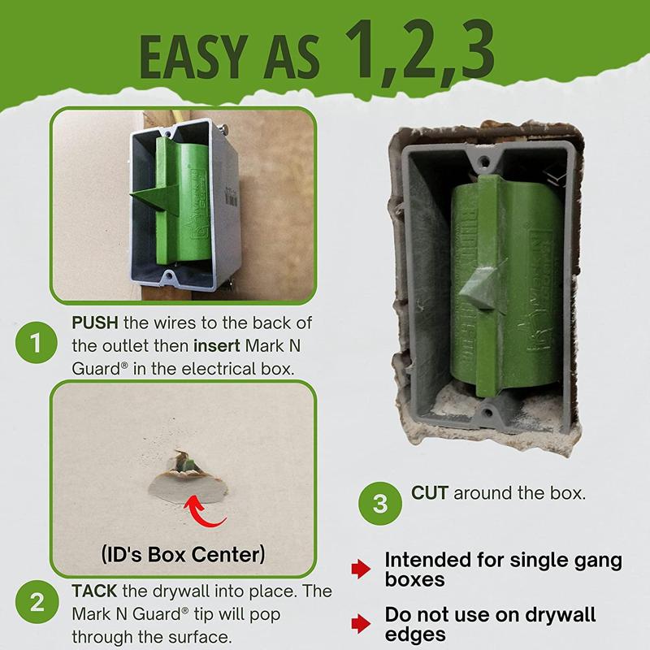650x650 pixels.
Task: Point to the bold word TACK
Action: [92, 591]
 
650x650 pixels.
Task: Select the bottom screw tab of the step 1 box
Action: [170, 279]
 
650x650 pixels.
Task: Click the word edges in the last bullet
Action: [417, 634]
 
